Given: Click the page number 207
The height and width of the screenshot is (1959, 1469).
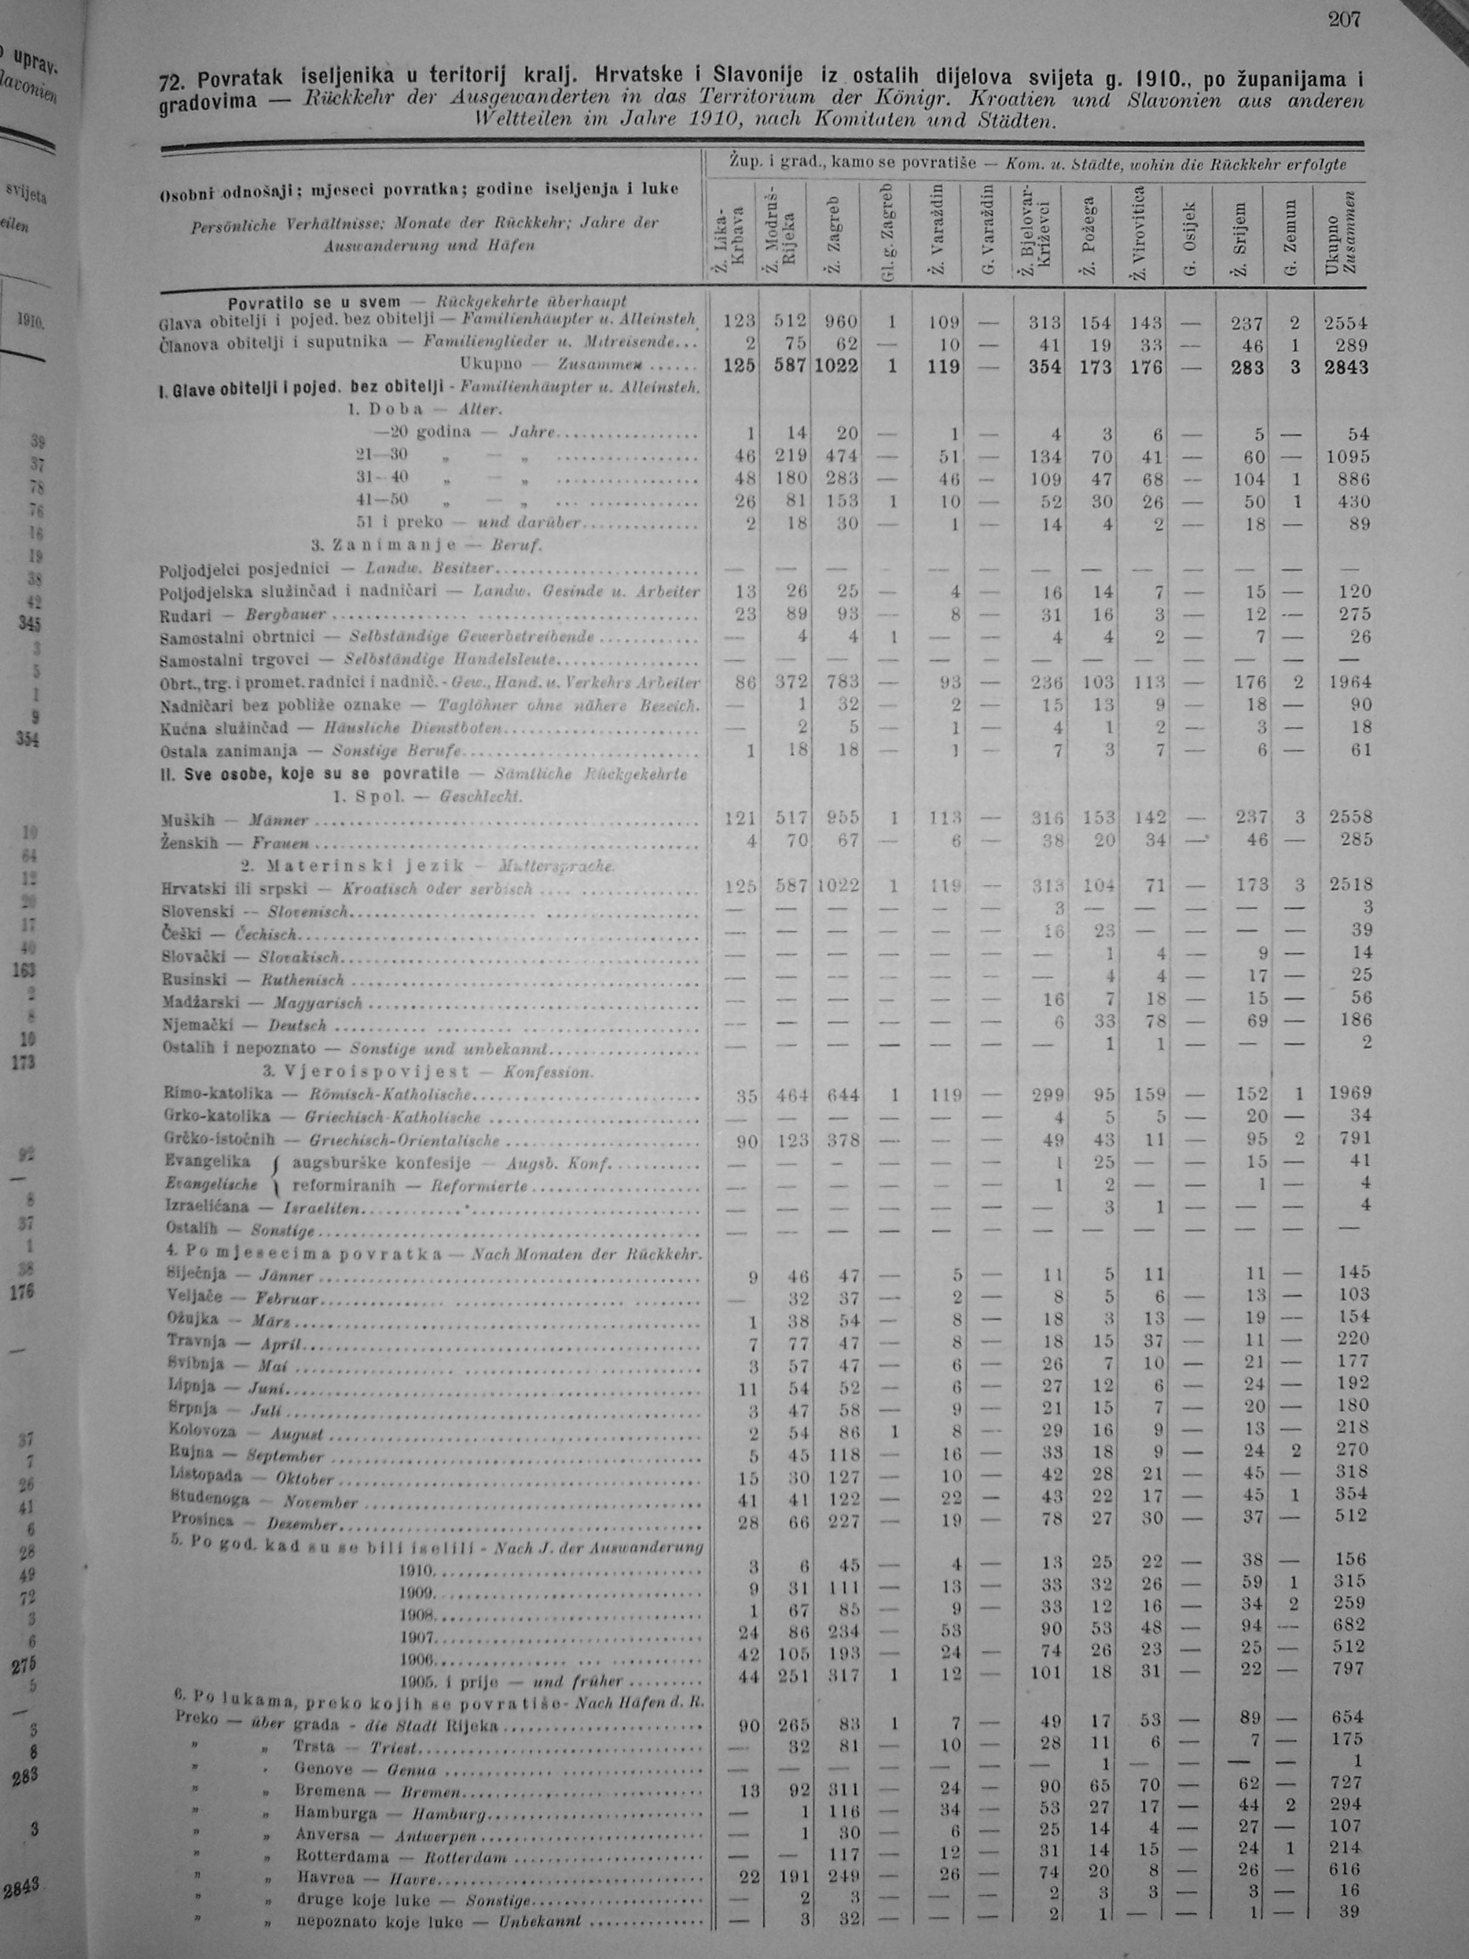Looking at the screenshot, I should pyautogui.click(x=1342, y=20).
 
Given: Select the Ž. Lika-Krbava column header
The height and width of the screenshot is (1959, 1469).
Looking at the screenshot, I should pyautogui.click(x=731, y=237).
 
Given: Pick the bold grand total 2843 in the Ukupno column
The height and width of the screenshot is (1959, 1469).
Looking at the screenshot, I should pyautogui.click(x=1345, y=367).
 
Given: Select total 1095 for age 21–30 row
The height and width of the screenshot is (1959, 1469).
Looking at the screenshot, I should pyautogui.click(x=1347, y=457).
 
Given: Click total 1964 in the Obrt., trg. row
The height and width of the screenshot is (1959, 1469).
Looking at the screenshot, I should pyautogui.click(x=1347, y=682).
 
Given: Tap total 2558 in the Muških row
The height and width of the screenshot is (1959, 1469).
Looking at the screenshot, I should pyautogui.click(x=1347, y=817).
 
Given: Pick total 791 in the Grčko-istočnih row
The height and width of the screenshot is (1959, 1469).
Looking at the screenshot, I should pyautogui.click(x=1353, y=1138).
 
